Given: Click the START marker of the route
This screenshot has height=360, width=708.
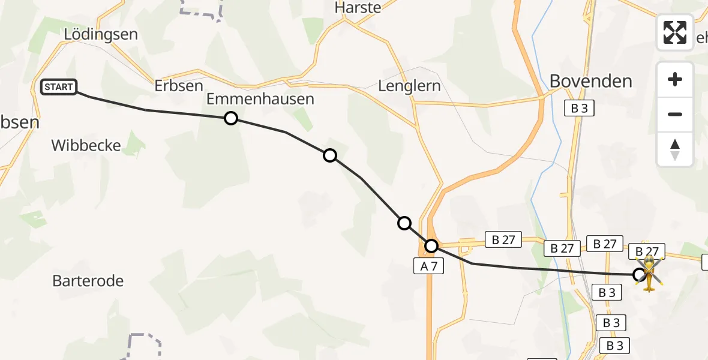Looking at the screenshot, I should coord(58,87).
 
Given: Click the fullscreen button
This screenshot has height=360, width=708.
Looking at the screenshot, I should coord(675,32).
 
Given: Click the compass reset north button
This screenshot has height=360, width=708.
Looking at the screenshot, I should coord(675,149).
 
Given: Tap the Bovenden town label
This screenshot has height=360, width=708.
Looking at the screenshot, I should coord(591,81).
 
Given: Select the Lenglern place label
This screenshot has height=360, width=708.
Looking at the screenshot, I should coord(409,86).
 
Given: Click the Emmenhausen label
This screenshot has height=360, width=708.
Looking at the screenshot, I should coord(260,99).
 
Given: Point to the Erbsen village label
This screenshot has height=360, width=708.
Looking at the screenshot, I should coord(179,86).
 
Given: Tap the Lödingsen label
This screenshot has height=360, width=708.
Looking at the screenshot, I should coord(101,34).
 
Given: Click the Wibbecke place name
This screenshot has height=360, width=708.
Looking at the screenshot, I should coord(86,145).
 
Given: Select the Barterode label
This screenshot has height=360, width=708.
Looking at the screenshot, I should coord(88,280).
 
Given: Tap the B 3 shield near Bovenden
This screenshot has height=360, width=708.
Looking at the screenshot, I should coord(578,109).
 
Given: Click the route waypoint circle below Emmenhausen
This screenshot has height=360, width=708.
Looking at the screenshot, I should coord(231,118).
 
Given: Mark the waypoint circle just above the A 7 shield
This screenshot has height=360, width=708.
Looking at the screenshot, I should coord(431,246).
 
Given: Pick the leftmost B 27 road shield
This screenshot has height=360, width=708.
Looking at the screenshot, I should coord(503,239).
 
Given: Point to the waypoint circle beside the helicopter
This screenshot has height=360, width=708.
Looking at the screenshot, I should coord(640,275).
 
